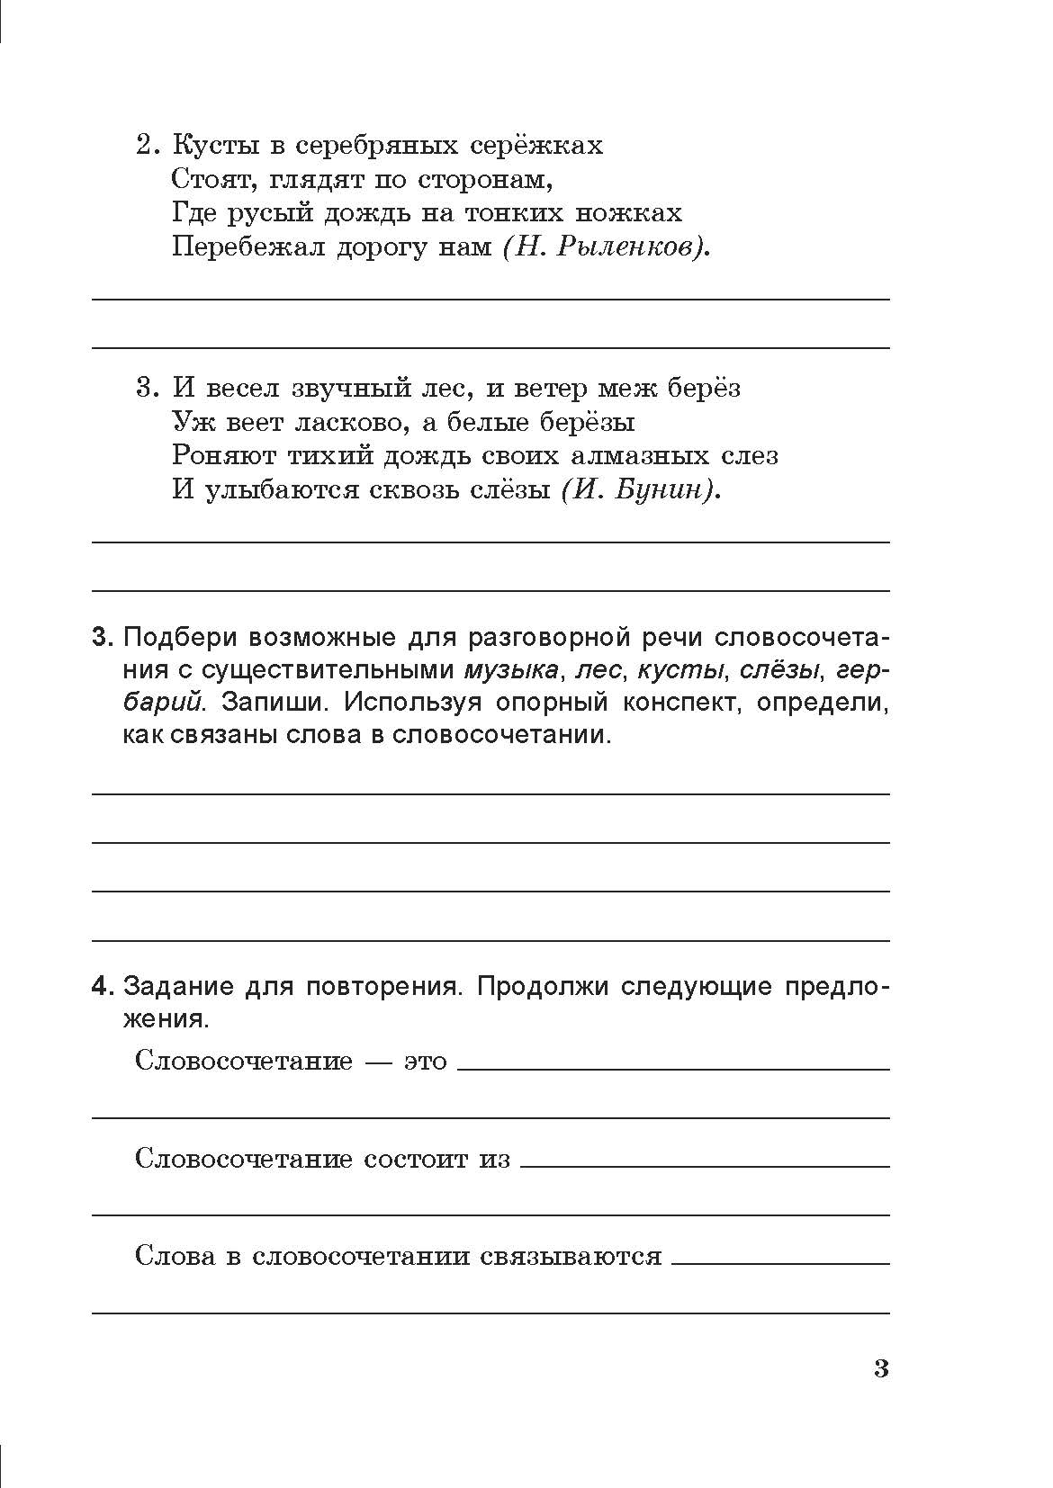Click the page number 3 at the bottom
[x=881, y=1369]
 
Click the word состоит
[x=416, y=1159]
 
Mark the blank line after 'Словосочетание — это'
[x=673, y=1067]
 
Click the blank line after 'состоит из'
[x=705, y=1164]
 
